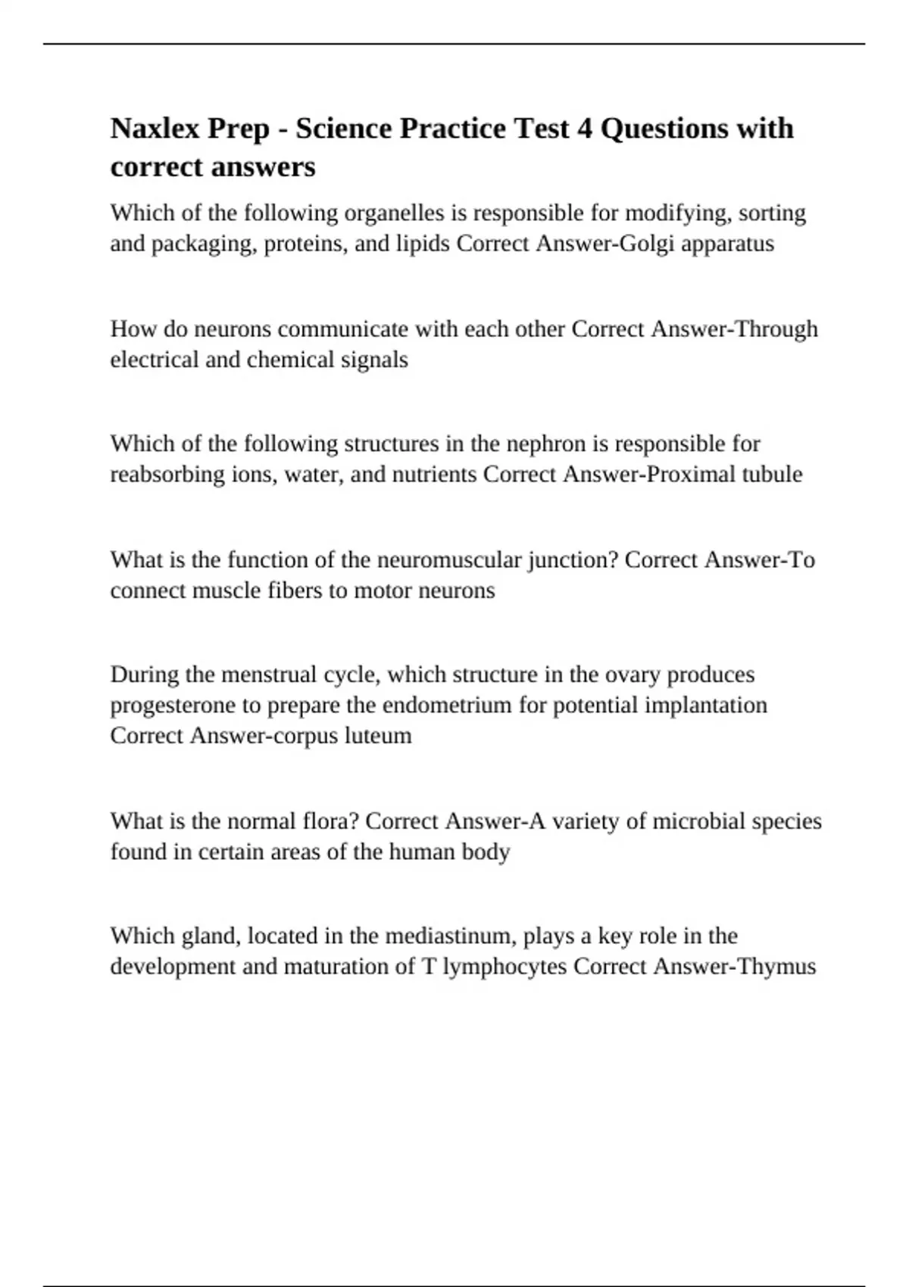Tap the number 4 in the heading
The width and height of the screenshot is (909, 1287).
(584, 129)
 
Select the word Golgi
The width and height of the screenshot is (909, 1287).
(640, 244)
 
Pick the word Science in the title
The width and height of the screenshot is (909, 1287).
(343, 129)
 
